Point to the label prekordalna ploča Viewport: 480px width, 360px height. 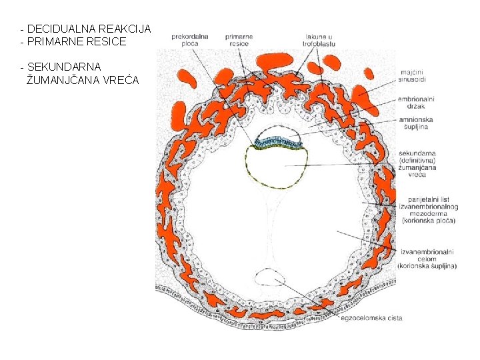[x=190, y=39]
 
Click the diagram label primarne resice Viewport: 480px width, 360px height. [x=238, y=39]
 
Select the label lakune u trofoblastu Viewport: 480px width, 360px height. [x=320, y=39]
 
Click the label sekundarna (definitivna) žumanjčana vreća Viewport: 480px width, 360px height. [x=418, y=163]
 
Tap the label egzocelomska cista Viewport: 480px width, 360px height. [x=371, y=318]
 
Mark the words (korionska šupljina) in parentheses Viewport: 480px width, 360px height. [x=427, y=266]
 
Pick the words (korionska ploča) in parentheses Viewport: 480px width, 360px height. [x=427, y=221]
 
